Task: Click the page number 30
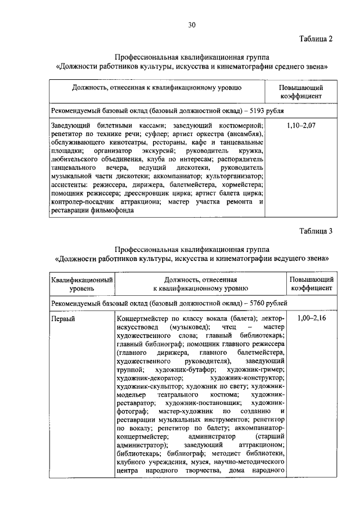point(192,24)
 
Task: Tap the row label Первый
point(62,318)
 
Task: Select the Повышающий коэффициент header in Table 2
point(301,92)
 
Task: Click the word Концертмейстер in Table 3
point(142,318)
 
